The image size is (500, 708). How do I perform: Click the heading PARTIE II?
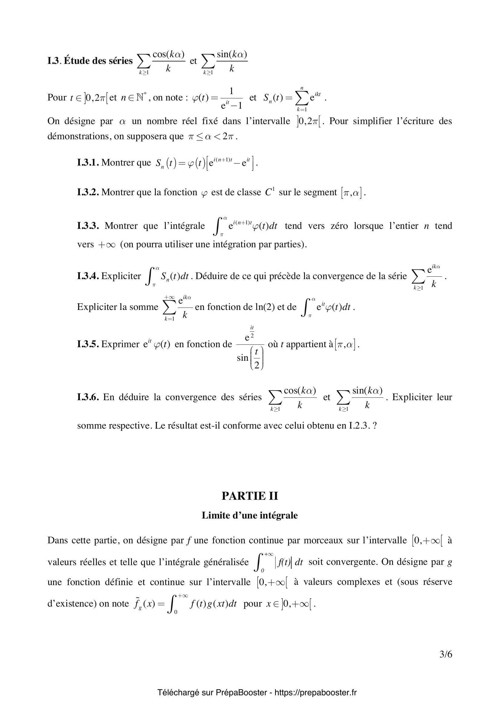pyautogui.click(x=250, y=496)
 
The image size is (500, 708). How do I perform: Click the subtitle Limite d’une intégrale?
pyautogui.click(x=250, y=515)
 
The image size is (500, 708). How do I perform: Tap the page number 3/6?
pyautogui.click(x=446, y=663)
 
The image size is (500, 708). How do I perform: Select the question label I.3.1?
pyautogui.click(x=88, y=163)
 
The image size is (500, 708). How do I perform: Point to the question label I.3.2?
pyautogui.click(x=88, y=192)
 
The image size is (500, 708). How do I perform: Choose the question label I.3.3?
pyautogui.click(x=88, y=226)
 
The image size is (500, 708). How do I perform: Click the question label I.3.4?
pyautogui.click(x=88, y=276)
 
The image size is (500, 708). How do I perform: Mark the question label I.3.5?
pyautogui.click(x=88, y=344)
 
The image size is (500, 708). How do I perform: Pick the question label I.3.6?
pyautogui.click(x=88, y=397)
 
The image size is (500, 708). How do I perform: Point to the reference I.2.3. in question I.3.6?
pyautogui.click(x=359, y=426)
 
